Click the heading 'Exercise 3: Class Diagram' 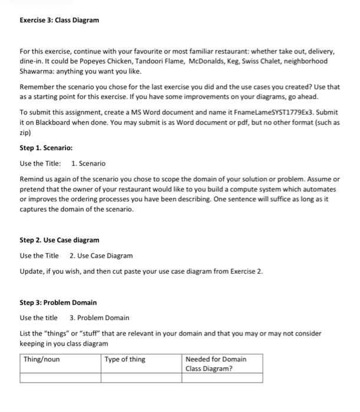59,21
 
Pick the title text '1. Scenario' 88,163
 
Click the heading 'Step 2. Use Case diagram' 59,240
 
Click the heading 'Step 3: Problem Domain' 58,303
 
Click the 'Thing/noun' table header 41,359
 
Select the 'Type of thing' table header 125,359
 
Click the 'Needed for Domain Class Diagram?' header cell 216,363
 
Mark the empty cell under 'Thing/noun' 61,378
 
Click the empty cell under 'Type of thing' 141,378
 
